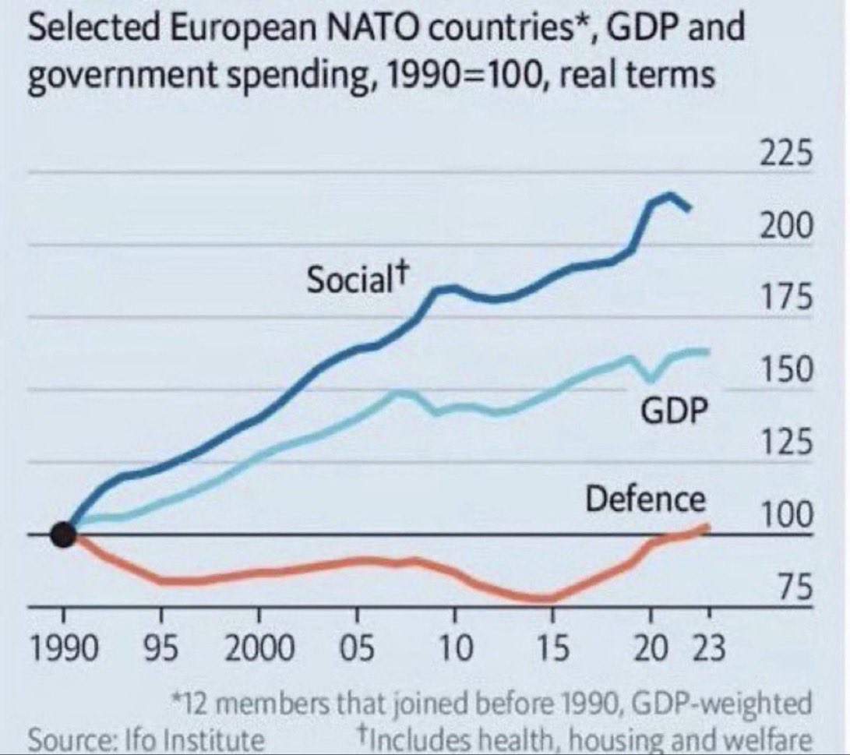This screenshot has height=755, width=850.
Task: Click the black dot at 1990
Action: pos(63,535)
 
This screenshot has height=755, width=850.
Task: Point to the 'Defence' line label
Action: pos(645,499)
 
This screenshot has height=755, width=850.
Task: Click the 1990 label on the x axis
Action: pos(63,647)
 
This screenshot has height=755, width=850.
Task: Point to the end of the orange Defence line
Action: pos(707,527)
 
